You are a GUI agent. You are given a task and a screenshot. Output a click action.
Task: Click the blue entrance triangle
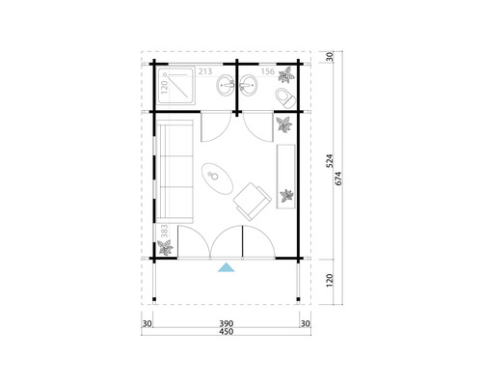(x=226, y=267)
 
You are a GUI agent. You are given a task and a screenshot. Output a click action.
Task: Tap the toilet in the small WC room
(x=284, y=97)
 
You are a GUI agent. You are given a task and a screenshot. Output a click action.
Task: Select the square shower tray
(x=176, y=88)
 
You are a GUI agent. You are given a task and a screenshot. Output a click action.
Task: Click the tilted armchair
(x=252, y=199)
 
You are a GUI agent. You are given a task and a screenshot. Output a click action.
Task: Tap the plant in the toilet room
(x=286, y=74)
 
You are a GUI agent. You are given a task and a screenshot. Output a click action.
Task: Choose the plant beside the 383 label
(x=166, y=249)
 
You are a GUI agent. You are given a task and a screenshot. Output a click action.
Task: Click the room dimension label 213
(x=205, y=71)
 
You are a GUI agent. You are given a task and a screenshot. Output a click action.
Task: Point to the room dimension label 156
(x=268, y=71)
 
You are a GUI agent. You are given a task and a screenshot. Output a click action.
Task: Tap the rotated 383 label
(x=165, y=232)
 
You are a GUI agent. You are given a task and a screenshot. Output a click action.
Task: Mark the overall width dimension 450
(x=226, y=332)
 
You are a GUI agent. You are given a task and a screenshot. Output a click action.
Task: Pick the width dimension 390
(x=226, y=323)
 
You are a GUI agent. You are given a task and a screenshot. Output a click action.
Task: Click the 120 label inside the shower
(x=165, y=86)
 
